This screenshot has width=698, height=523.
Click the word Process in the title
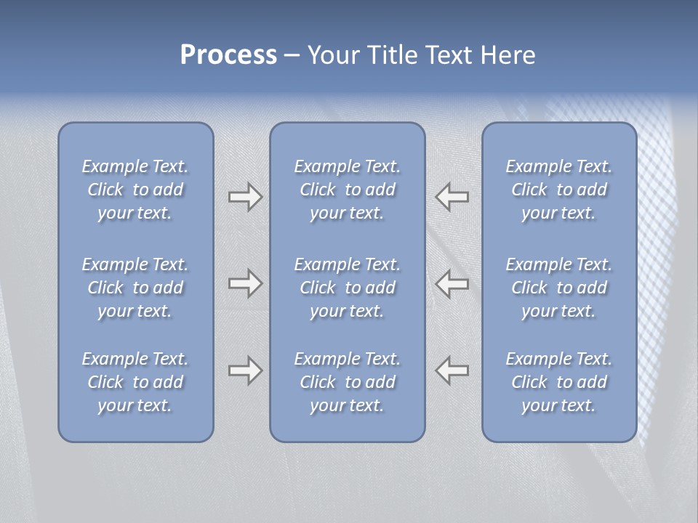point(228,55)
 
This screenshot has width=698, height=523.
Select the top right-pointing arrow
point(245,197)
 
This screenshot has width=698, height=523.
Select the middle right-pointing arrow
point(245,283)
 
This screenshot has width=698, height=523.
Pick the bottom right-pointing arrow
point(245,370)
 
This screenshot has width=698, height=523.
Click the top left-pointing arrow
point(452,197)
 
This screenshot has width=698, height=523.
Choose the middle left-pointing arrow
point(452,283)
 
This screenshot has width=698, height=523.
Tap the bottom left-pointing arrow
point(452,370)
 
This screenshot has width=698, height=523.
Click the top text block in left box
point(135,190)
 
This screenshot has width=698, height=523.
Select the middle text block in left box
point(135,288)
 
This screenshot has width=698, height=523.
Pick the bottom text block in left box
point(135,382)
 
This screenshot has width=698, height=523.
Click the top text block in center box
point(347,190)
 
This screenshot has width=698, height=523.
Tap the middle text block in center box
point(347,288)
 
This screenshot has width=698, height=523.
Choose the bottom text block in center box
point(347,382)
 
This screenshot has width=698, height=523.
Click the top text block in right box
point(558,190)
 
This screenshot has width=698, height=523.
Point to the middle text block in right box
point(558,288)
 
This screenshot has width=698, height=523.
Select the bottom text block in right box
point(558,382)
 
